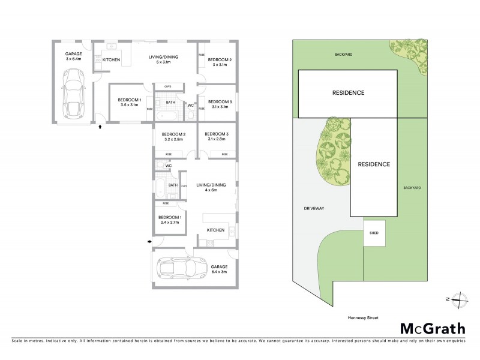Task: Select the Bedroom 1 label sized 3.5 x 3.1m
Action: tap(129, 102)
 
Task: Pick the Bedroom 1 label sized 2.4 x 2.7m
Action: tap(170, 220)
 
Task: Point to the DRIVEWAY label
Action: tap(314, 208)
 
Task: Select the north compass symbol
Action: tap(457, 298)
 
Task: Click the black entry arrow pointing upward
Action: tap(100, 127)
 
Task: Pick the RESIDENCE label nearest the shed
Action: tap(374, 164)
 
